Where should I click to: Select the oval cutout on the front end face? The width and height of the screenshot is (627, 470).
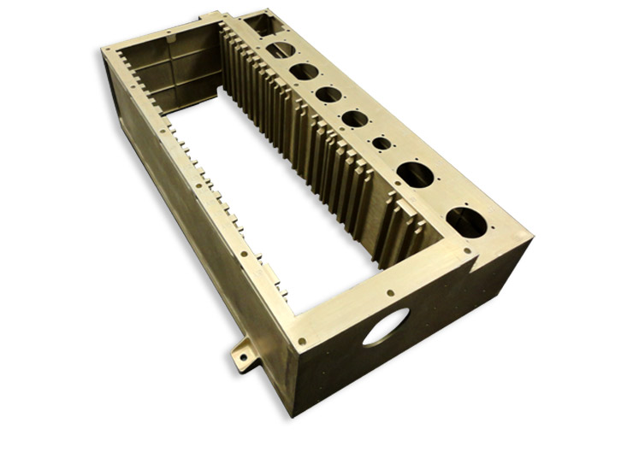point(382,327)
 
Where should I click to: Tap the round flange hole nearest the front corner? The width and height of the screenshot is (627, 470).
point(464,219)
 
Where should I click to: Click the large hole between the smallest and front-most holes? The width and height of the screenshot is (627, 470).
point(415,175)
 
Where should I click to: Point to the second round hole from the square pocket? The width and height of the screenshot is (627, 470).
point(303,72)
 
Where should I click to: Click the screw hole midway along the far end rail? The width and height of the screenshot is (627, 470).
point(170,37)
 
